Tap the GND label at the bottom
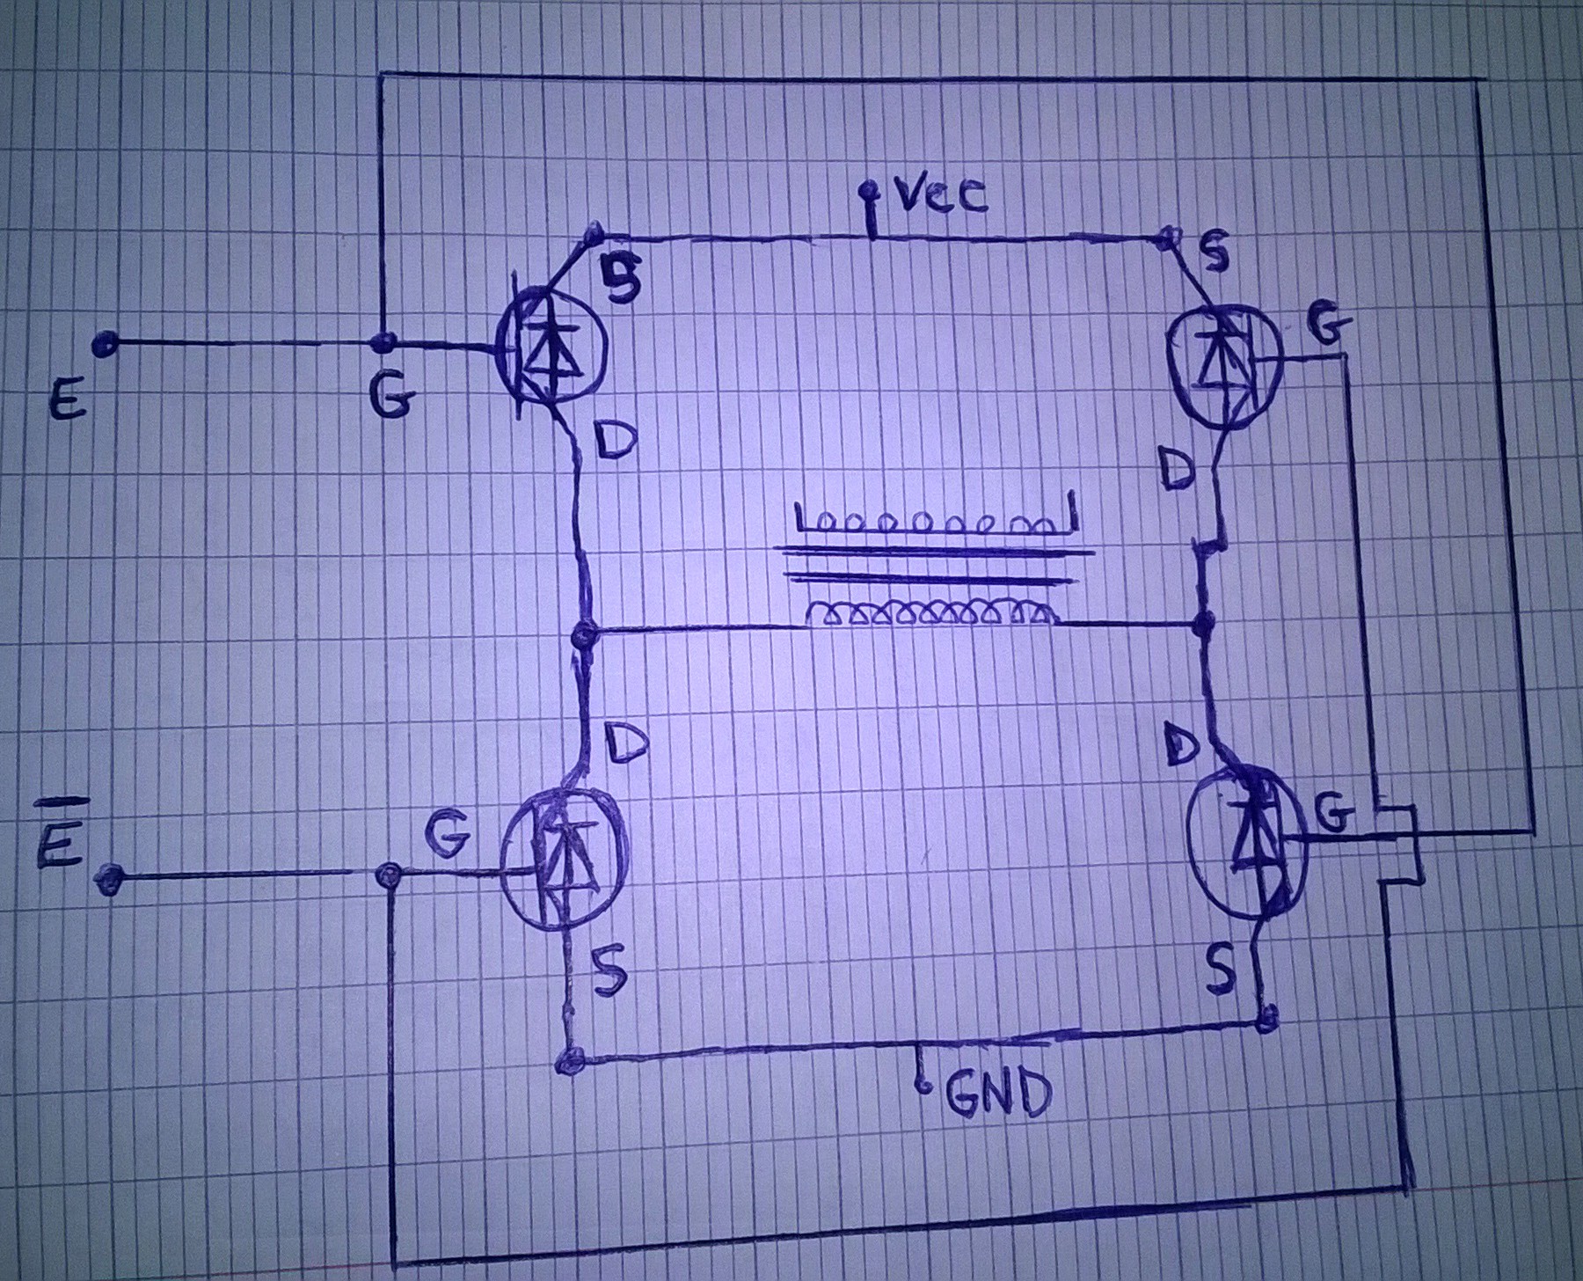click(x=999, y=1095)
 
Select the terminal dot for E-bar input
click(x=109, y=877)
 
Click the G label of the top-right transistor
click(x=1327, y=329)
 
